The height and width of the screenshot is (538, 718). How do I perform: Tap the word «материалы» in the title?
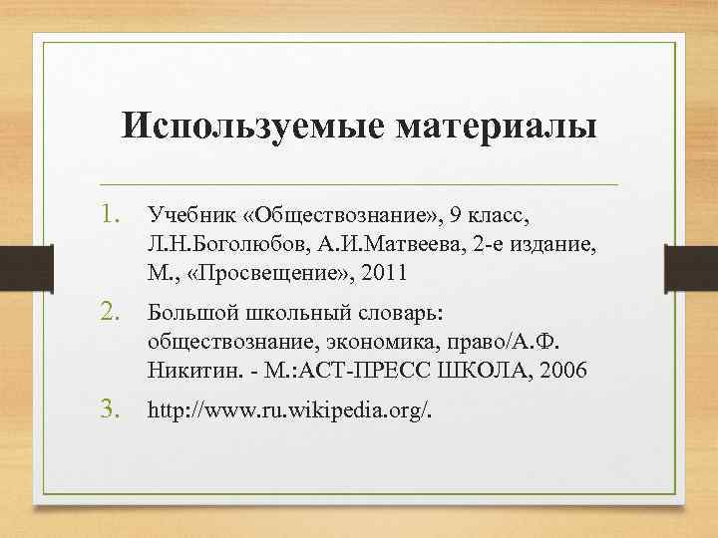pyautogui.click(x=498, y=127)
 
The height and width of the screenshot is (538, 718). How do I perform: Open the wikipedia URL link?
pyautogui.click(x=289, y=409)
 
